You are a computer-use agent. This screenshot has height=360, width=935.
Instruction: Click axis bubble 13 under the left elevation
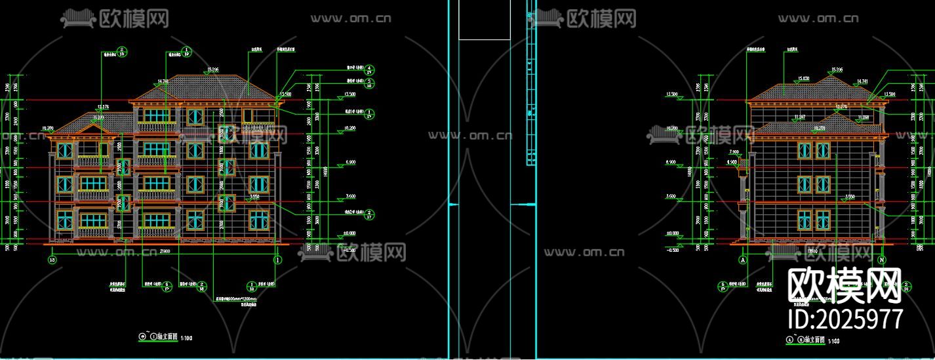pyautogui.click(x=52, y=260)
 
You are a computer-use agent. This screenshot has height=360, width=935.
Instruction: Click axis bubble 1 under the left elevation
pyautogui.click(x=277, y=260)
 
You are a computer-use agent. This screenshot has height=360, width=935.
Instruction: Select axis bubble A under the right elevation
pyautogui.click(x=743, y=260)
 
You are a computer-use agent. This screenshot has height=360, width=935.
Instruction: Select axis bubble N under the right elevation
pyautogui.click(x=883, y=260)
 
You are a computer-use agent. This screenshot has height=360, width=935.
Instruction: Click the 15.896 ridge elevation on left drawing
pyautogui.click(x=212, y=70)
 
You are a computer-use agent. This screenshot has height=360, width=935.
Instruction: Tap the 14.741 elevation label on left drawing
pyautogui.click(x=163, y=82)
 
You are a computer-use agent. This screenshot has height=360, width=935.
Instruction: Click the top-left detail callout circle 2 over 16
pyautogui.click(x=122, y=52)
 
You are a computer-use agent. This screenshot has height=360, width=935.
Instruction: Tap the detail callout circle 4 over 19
pyautogui.click(x=369, y=70)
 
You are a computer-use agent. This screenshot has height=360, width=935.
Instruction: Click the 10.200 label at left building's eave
pyautogui.click(x=47, y=129)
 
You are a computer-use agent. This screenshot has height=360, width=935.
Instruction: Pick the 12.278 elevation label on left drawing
pyautogui.click(x=103, y=106)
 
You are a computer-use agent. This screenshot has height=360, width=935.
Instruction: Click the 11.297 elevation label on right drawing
pyautogui.click(x=799, y=117)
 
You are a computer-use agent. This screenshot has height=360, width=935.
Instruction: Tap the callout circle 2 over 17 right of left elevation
pyautogui.click(x=369, y=215)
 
